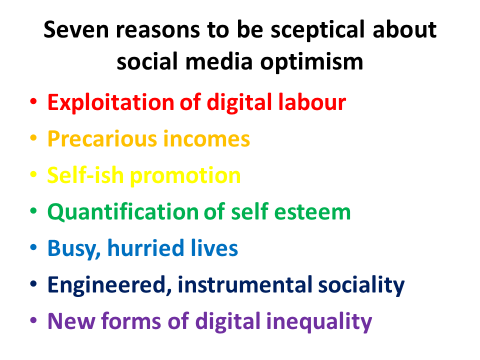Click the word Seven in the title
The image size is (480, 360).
[76, 29]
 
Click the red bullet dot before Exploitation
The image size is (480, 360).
[33, 101]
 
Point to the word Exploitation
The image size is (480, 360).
[111, 102]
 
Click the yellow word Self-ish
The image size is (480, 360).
[85, 175]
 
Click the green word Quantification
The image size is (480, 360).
[123, 211]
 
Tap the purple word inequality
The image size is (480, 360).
[319, 322]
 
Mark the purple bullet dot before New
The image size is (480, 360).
[33, 320]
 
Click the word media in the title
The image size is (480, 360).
[219, 61]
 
